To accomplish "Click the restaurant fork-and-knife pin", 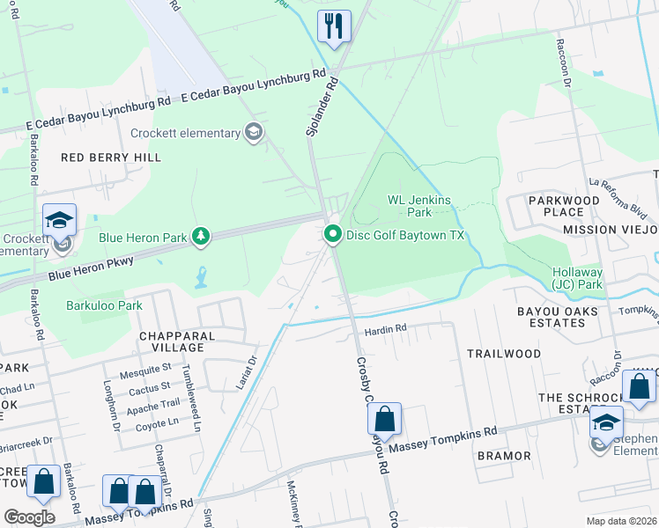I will coord(334,26).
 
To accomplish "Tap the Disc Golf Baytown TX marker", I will coord(333,235).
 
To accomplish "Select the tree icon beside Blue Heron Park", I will coord(202,235).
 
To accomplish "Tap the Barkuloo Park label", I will coord(104,305).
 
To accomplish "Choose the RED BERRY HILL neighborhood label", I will coord(111,157).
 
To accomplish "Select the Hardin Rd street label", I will coord(386,329).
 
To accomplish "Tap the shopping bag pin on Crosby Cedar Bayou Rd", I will coord(384,418).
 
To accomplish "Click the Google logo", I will coord(28,517).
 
